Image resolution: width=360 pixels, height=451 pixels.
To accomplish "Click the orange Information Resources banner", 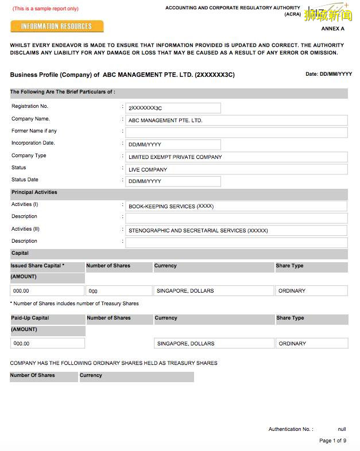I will tap(57, 26).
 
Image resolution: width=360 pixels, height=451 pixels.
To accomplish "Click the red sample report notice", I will tap(45, 9).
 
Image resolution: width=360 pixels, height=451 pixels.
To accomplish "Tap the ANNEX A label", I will tap(332, 29).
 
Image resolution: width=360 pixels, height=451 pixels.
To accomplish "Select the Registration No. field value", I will tap(173, 108).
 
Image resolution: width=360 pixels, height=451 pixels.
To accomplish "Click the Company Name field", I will tap(236, 120).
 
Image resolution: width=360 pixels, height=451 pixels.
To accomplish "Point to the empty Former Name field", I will tap(236, 133).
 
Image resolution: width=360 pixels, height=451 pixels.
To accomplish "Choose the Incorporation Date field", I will tap(173, 145).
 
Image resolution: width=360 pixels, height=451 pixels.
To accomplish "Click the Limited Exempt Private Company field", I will tap(236, 157).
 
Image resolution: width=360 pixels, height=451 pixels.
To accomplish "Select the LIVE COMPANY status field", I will tap(236, 169).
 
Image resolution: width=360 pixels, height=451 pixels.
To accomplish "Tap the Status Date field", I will tap(173, 181).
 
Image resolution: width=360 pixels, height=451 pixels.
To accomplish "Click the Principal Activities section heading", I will tap(34, 193).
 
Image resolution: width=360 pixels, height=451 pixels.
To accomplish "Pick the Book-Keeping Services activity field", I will tap(236, 206).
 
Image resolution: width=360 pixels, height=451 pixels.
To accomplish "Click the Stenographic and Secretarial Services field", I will tap(236, 231).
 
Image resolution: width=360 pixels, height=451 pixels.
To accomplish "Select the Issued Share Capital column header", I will tap(37, 266).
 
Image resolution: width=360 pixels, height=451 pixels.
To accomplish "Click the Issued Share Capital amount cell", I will tap(47, 291).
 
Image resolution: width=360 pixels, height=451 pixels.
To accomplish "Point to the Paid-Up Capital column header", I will tap(30, 318).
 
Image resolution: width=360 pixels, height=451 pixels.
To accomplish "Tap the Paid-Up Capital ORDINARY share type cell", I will tap(311, 344).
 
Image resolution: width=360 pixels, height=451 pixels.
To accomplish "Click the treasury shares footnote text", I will tap(75, 304).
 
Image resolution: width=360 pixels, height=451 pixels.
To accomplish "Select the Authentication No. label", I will tap(291, 429).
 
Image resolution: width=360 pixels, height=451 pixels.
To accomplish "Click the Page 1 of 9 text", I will tap(332, 441).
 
